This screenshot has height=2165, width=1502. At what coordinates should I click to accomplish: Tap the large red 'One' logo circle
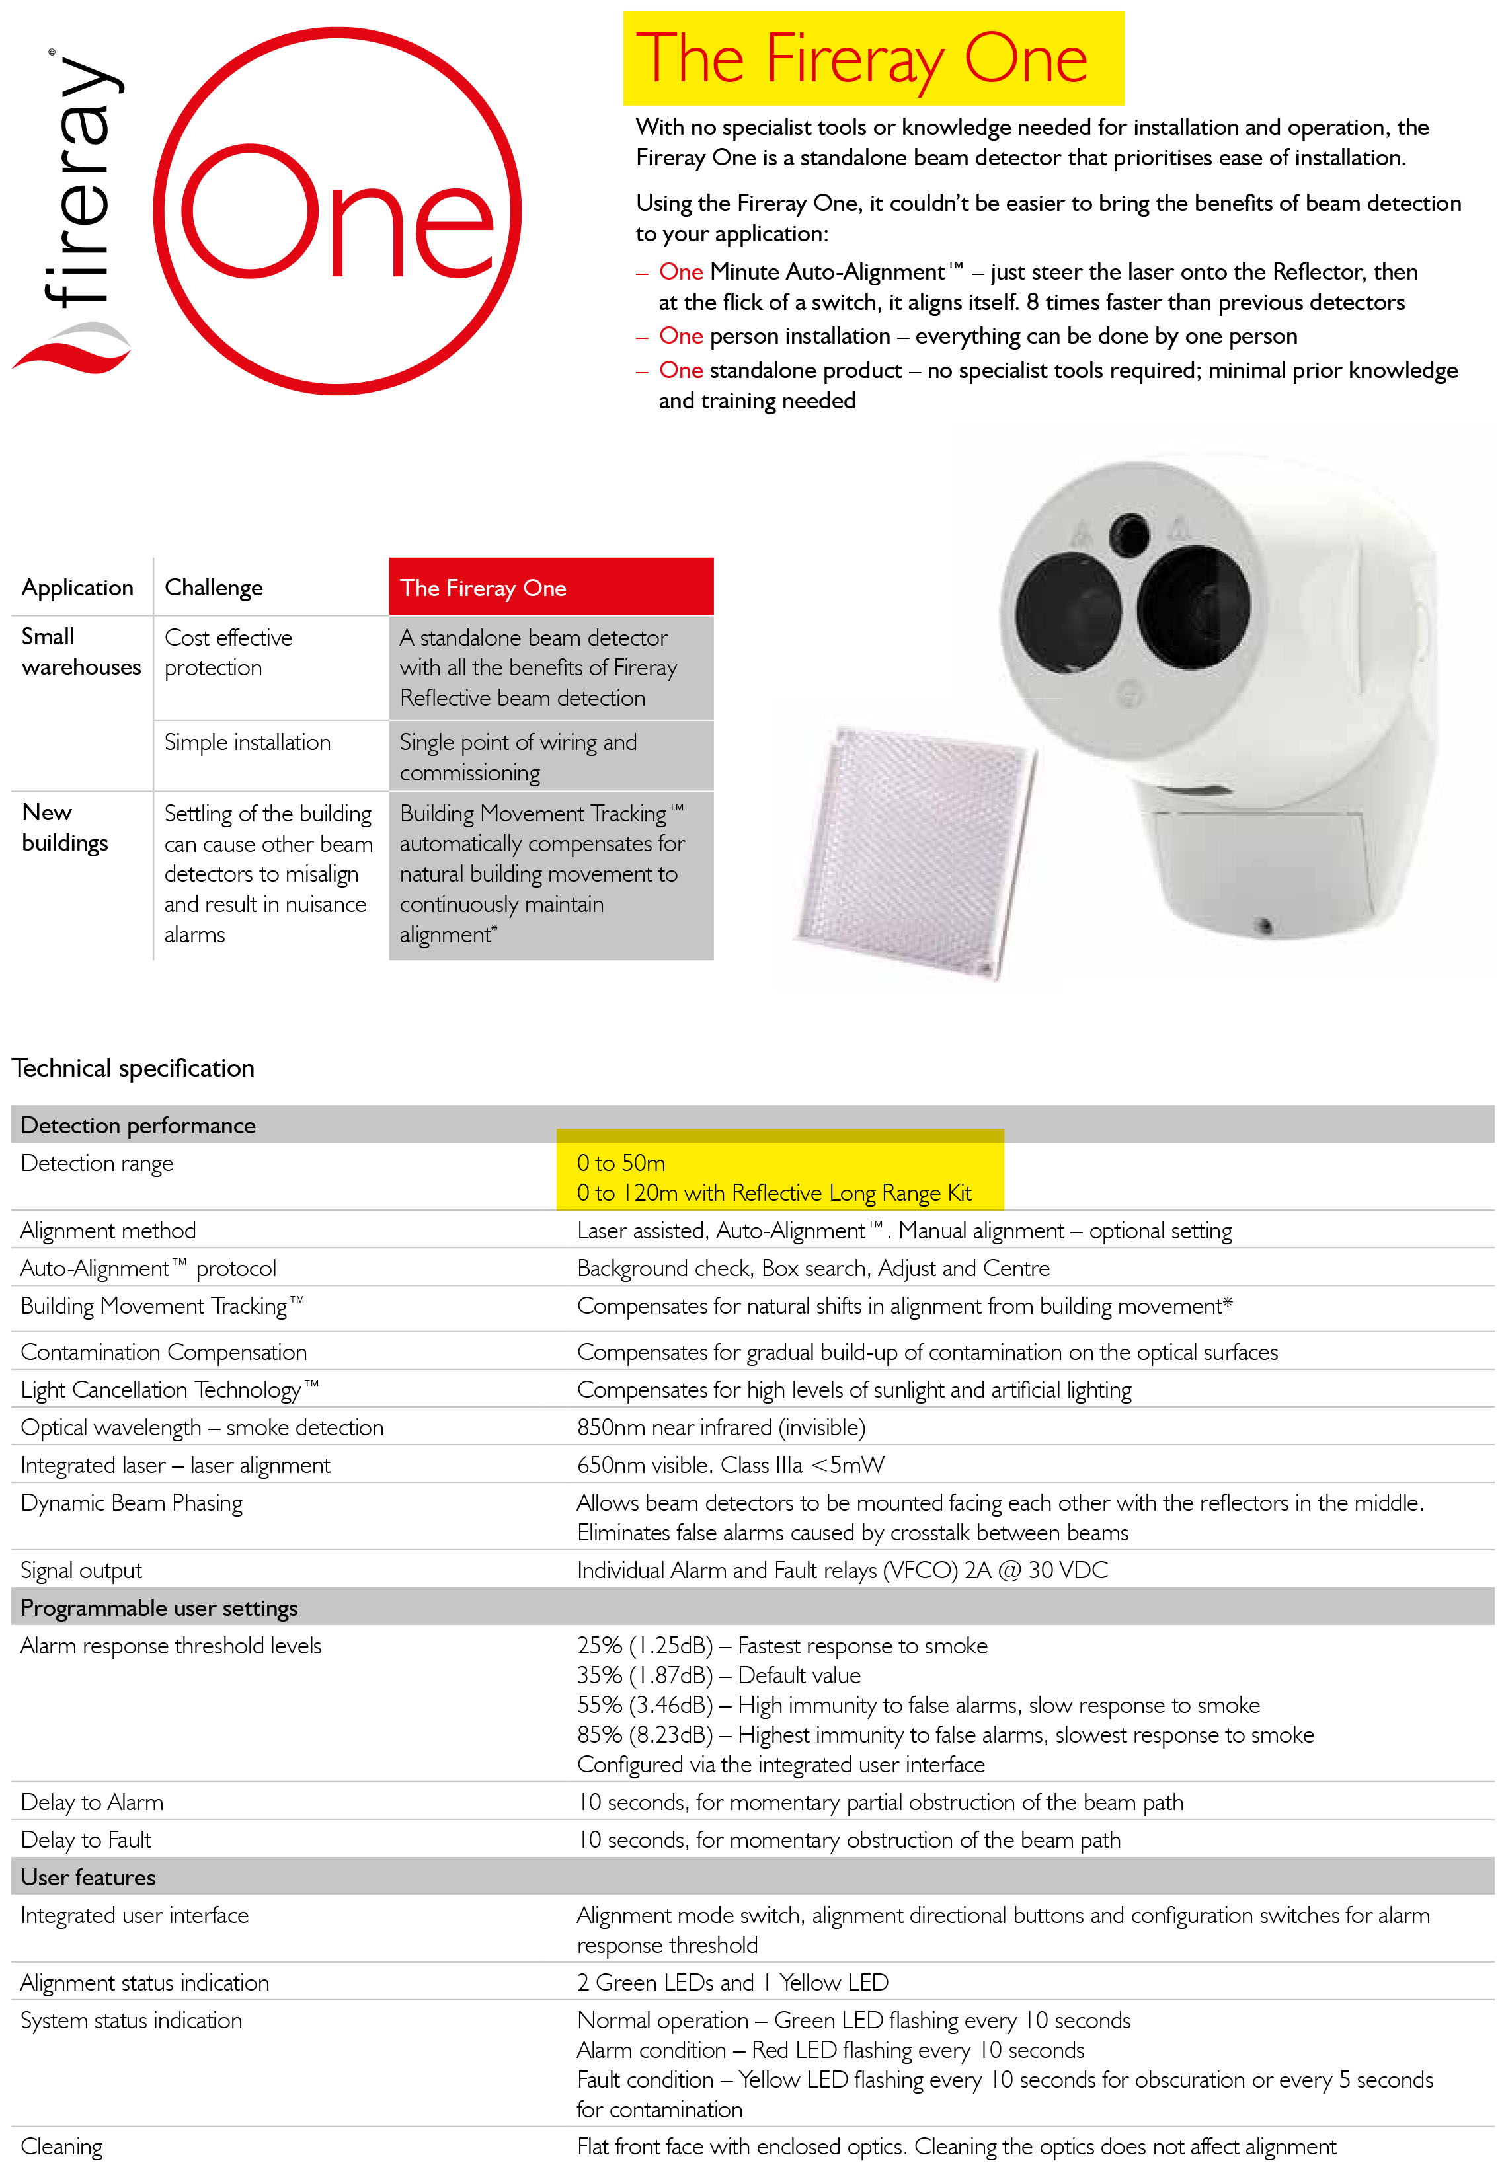[337, 211]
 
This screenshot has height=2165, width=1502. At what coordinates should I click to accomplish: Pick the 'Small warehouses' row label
[80, 651]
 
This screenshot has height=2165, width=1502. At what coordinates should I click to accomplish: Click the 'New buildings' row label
[64, 827]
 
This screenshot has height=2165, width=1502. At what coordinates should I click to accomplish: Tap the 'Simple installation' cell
[247, 742]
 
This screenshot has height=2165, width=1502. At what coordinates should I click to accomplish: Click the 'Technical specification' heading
[133, 1068]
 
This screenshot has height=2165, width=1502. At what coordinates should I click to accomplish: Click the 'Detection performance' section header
[138, 1125]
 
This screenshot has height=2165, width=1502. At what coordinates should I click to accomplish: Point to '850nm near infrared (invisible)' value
[721, 1427]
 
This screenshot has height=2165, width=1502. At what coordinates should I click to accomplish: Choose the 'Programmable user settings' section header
[159, 1608]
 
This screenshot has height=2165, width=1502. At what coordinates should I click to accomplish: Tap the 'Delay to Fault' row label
[86, 1839]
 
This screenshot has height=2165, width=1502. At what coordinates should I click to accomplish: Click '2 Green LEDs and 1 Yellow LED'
[732, 1983]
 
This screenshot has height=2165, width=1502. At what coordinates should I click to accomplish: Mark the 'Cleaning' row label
[61, 2146]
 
